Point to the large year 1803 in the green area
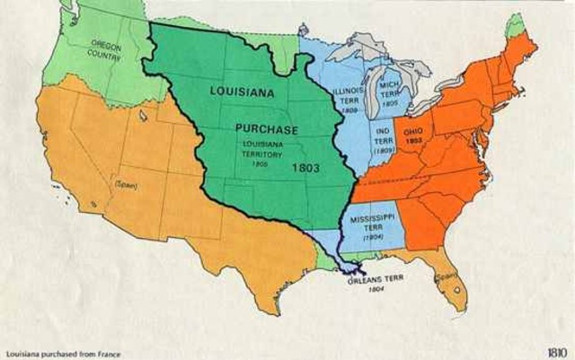point(305,167)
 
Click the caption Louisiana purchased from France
point(62,353)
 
